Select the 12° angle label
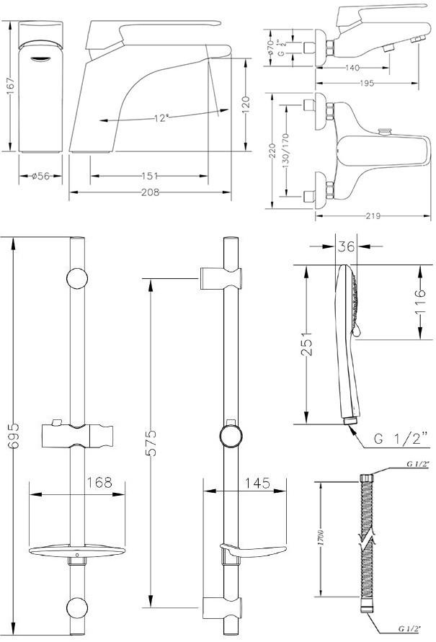point(160,117)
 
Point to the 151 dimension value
point(148,176)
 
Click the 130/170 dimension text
point(286,148)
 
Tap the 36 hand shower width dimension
point(347,247)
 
